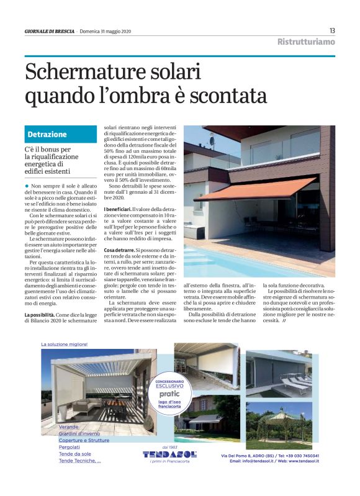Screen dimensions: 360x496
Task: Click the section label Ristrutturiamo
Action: coord(306,42)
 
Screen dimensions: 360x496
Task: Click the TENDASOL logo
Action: coord(169,454)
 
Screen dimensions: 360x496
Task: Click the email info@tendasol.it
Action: coord(256,461)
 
